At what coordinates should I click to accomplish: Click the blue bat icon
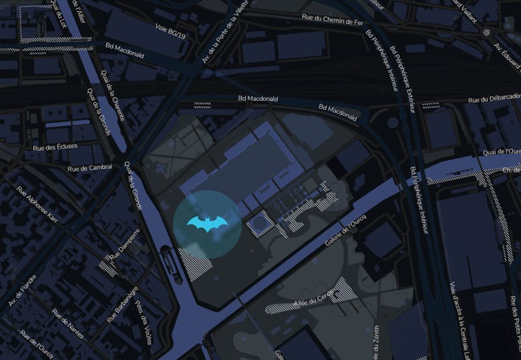pos(207,223)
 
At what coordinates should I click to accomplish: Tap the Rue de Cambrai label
pos(90,167)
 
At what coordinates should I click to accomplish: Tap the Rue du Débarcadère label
pos(495,99)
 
